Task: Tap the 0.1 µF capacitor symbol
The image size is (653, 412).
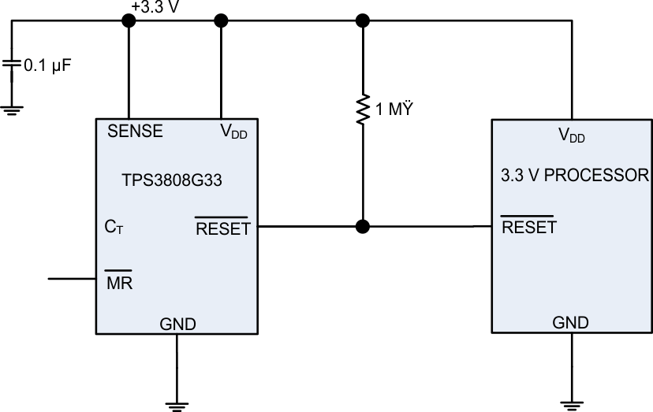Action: pos(12,65)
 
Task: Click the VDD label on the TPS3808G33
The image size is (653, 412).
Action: pos(233,133)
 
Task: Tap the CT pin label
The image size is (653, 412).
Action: pos(114,228)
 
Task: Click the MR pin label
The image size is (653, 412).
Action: pos(119,281)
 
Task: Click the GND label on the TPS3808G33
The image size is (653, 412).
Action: pos(177,323)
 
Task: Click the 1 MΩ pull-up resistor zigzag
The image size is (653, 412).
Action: pos(363,110)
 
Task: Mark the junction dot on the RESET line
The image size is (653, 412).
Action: pos(363,228)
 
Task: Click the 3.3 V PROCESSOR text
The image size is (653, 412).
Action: pos(575,175)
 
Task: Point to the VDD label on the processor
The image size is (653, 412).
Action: pos(571,135)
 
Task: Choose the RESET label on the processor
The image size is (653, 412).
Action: pos(529,228)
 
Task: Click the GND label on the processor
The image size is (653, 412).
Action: pos(569,322)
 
